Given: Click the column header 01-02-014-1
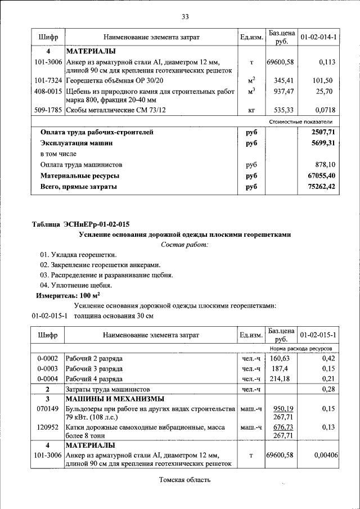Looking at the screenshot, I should tap(318, 37).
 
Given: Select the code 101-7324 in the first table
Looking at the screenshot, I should tap(48, 80).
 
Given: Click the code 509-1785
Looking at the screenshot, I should tap(48, 110).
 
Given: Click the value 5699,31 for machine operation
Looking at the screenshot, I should tap(322, 143).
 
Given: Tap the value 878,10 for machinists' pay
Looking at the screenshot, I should tap(325, 165).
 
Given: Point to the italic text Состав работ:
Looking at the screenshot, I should tap(184, 245).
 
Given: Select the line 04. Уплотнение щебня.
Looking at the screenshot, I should tap(76, 285).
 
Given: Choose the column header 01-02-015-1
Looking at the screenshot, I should tap(318, 335).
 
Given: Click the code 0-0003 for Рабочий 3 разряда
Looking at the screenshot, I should tap(47, 368).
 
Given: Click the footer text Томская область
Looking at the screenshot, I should tap(184, 480).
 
